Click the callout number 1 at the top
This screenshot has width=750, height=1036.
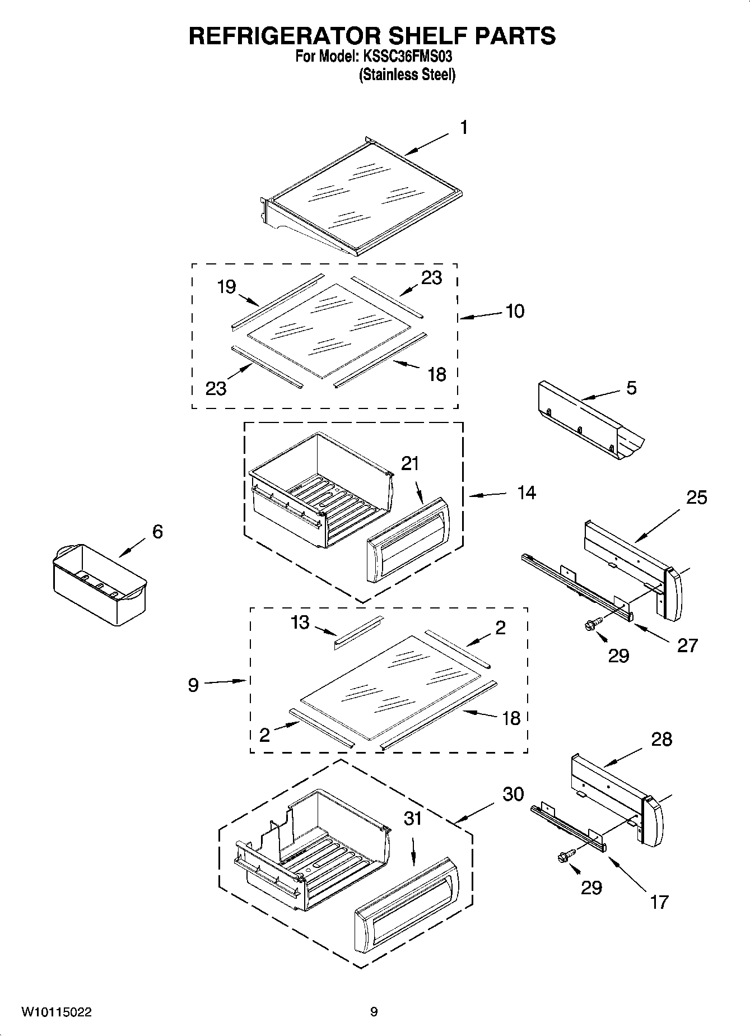point(464,128)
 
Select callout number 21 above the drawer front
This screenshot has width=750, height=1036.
point(410,463)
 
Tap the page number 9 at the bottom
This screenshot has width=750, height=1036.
point(374,1012)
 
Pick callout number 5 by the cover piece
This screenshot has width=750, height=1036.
point(631,388)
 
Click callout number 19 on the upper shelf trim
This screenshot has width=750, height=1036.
point(226,287)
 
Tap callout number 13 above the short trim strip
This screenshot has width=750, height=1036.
point(300,622)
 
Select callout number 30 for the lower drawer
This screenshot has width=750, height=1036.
point(513,793)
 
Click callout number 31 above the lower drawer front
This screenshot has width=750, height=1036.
point(413,818)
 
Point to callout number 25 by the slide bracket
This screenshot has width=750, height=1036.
point(697,497)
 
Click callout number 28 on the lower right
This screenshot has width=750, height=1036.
point(662,739)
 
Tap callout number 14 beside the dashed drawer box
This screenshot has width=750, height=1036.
point(527,493)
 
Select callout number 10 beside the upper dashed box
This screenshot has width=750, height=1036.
point(515,311)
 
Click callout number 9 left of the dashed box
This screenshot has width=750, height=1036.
point(193,684)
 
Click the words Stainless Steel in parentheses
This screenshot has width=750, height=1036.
point(407,75)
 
